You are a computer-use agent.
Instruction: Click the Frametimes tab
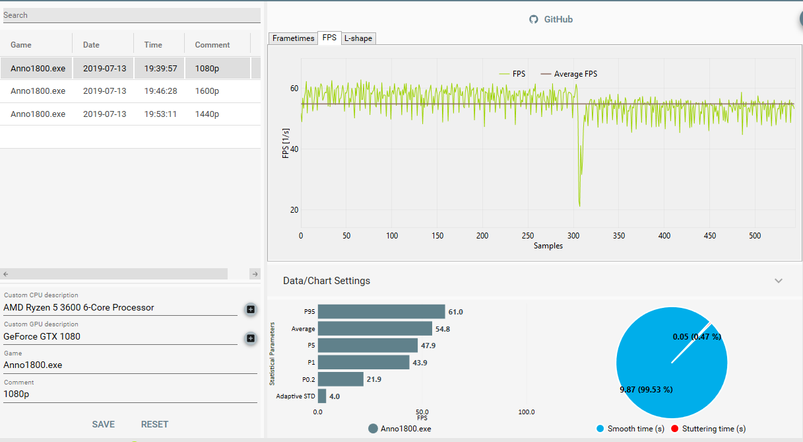tap(293, 38)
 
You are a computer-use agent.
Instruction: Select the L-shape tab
tap(358, 38)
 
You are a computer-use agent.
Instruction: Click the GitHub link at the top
tap(551, 19)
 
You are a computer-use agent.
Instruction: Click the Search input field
tap(132, 15)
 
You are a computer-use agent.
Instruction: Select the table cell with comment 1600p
tap(207, 91)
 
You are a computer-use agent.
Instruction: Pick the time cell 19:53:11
tap(160, 114)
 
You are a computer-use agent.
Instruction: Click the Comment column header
tap(212, 45)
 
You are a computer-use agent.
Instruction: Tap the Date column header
tap(91, 45)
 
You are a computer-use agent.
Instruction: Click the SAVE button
tap(104, 424)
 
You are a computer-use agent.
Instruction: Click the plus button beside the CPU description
tap(251, 309)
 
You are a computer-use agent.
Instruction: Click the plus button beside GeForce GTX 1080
tap(251, 338)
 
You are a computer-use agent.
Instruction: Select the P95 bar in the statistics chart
tap(381, 312)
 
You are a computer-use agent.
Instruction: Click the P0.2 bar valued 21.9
tap(340, 379)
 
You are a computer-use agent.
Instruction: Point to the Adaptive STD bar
tap(322, 396)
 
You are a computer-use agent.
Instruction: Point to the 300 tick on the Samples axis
tap(573, 236)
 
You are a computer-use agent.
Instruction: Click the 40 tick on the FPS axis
tap(294, 149)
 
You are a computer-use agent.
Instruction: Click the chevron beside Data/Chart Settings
tap(779, 281)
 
